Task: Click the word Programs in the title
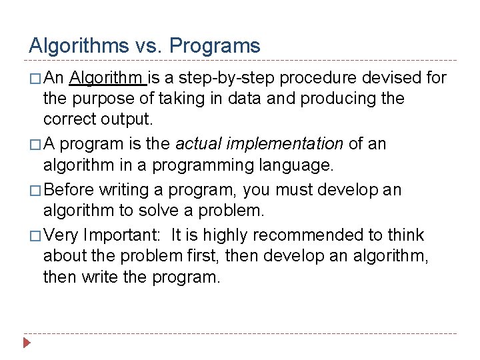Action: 215,46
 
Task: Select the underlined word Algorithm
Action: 107,79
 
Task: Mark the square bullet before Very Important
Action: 35,236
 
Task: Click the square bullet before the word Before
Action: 35,191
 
